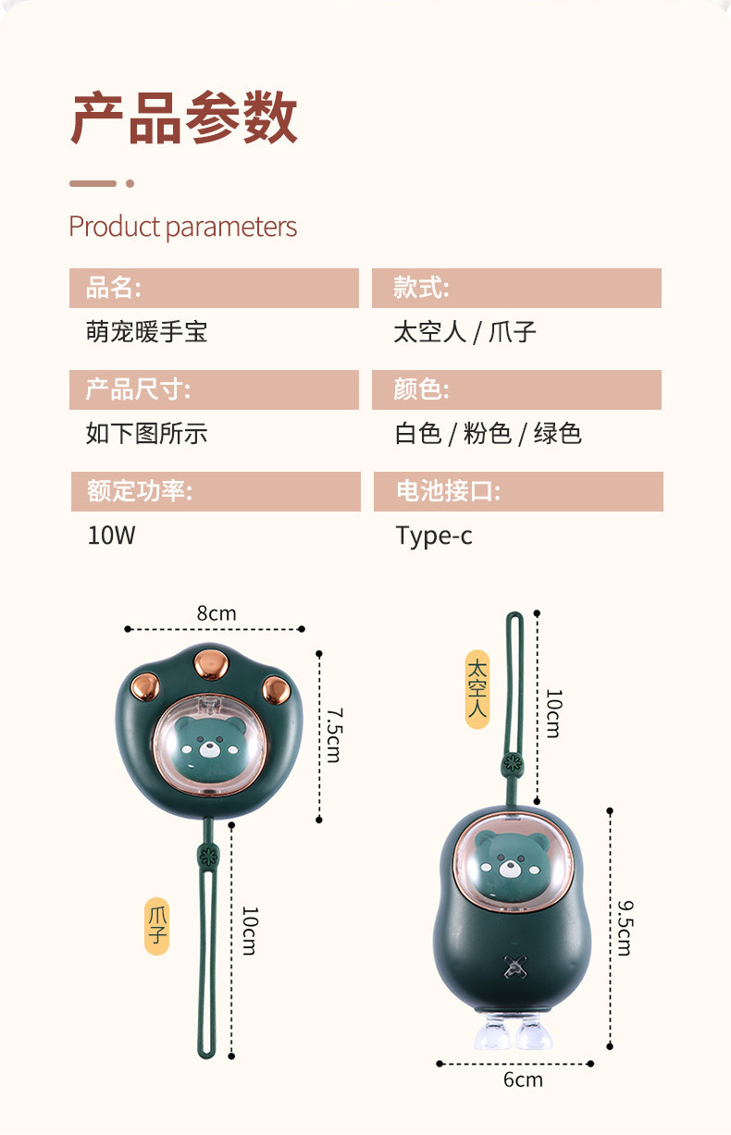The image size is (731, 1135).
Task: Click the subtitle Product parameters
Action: coord(182,227)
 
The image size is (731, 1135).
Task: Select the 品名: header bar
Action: coord(214,288)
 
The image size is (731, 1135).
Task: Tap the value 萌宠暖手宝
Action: coord(146,332)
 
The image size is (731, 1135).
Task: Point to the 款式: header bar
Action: coord(516,288)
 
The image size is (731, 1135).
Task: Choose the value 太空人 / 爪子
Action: coord(465,332)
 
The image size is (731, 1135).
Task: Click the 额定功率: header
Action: coord(216,491)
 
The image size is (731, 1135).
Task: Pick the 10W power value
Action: coord(111,535)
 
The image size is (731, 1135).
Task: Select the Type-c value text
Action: coord(433,535)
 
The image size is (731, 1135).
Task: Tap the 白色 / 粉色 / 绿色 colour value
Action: coord(488,433)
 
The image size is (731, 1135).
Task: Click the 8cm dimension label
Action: coord(217,613)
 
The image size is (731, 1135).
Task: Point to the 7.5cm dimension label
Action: coord(334,735)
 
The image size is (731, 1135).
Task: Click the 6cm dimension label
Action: coord(523,1079)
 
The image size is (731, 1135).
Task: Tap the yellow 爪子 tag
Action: coord(157,925)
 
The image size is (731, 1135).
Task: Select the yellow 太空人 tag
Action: coord(477,689)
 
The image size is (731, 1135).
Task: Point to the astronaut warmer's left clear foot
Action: coord(490,1034)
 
